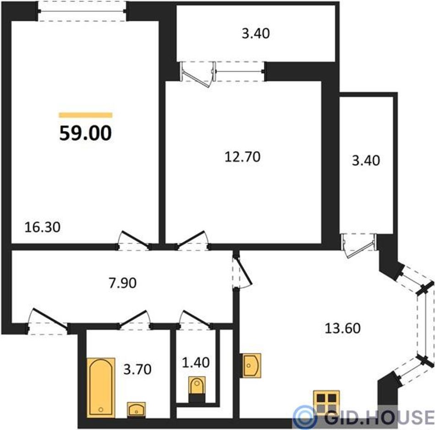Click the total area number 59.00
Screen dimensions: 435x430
point(86,133)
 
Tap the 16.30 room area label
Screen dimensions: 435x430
point(42,227)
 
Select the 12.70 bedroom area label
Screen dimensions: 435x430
point(242,157)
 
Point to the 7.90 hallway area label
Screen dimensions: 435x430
point(122,283)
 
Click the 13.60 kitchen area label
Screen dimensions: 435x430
point(343,328)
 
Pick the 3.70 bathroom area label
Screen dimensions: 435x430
point(137,369)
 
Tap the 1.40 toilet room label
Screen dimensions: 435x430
point(196,363)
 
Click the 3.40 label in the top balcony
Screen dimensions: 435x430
point(256,33)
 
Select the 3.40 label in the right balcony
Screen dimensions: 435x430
point(366,160)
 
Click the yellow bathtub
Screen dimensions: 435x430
point(101,388)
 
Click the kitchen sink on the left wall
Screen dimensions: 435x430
point(251,365)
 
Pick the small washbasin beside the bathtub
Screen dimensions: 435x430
point(136,410)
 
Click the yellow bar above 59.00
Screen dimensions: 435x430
point(86,115)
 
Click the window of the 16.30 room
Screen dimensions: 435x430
point(82,11)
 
